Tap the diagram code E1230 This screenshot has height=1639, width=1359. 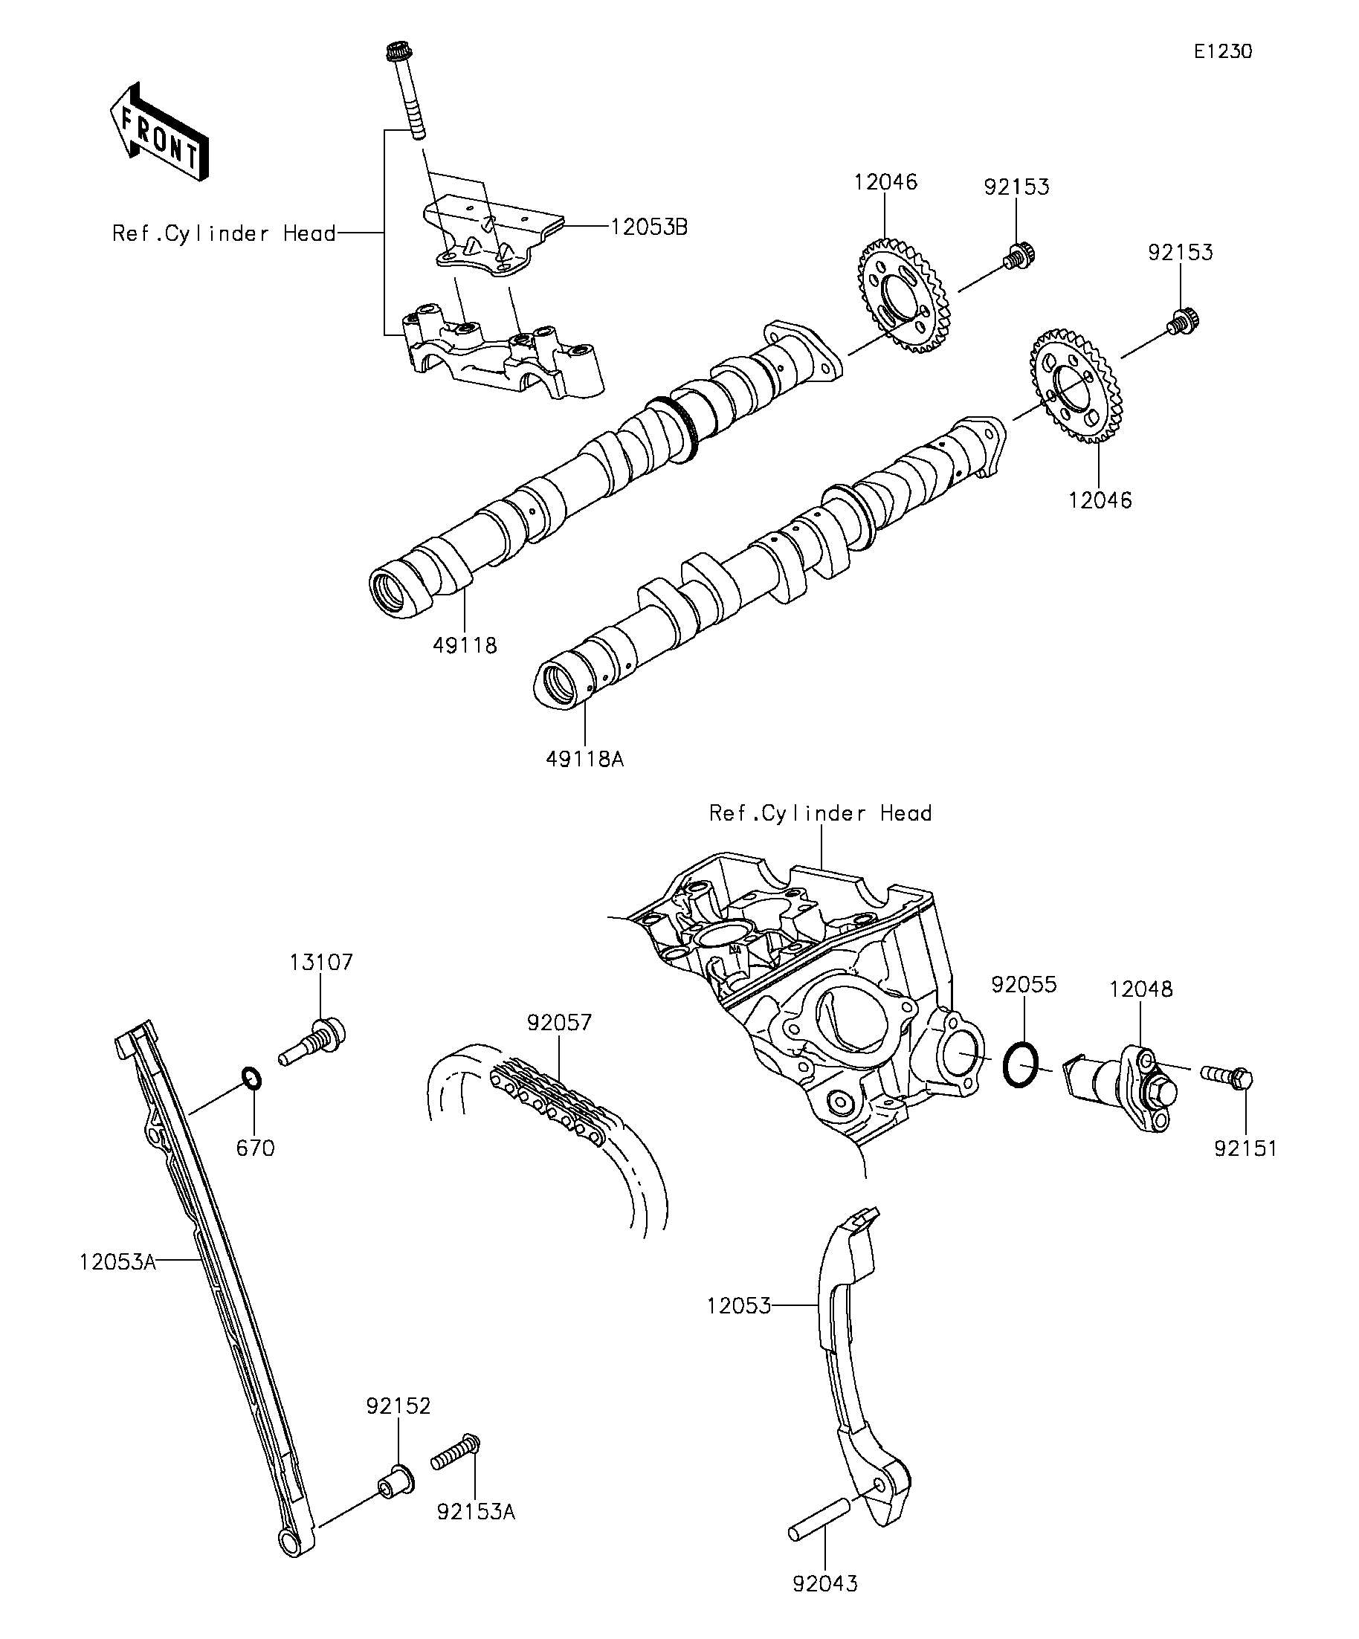[1222, 51]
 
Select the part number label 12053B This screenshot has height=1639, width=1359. [649, 227]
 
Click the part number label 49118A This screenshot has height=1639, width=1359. [584, 758]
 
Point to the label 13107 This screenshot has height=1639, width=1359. [321, 963]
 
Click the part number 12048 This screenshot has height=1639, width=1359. [1140, 989]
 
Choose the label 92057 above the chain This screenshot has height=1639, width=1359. [559, 1023]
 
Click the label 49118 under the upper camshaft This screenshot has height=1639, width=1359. [465, 645]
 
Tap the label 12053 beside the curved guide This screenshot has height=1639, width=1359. [738, 1306]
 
